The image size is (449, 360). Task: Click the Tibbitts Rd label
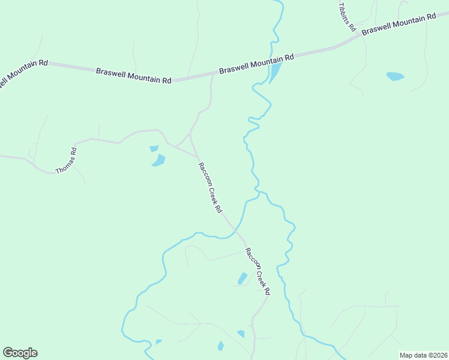tap(348, 17)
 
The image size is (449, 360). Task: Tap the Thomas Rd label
tap(67, 161)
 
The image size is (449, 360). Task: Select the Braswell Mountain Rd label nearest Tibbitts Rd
tap(399, 24)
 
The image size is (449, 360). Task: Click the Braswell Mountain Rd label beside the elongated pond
tap(256, 62)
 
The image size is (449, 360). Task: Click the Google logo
tap(20, 353)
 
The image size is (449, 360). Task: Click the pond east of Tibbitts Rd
tap(395, 76)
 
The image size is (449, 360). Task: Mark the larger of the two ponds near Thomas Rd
tap(158, 160)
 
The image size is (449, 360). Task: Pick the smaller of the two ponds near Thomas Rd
tap(154, 149)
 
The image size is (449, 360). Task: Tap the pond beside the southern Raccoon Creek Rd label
tap(243, 278)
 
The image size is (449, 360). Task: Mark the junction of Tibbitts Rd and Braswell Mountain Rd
tap(360, 35)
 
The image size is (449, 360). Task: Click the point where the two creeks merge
tap(258, 192)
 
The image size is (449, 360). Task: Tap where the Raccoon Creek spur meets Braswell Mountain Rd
tap(213, 75)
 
